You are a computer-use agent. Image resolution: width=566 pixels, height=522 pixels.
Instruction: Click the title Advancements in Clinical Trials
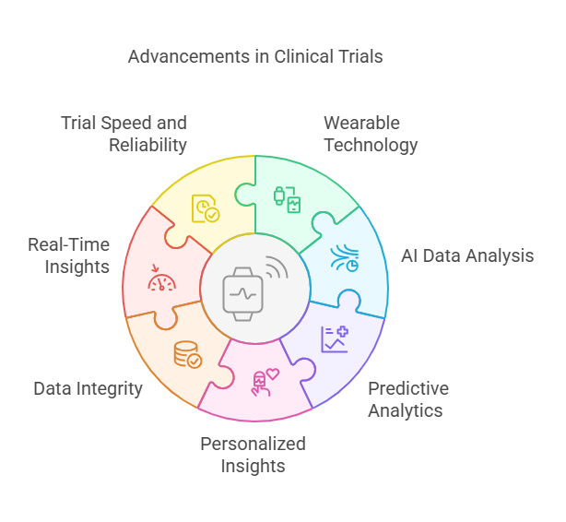click(255, 57)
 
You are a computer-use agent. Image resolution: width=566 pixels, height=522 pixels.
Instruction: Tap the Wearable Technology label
click(370, 135)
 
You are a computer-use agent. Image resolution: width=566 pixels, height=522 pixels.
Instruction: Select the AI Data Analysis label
click(467, 256)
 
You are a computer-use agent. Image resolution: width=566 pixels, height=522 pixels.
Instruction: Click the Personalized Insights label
click(253, 455)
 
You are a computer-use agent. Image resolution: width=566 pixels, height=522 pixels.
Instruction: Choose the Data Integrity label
click(88, 388)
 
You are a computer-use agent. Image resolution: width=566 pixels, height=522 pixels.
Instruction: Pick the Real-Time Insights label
click(68, 255)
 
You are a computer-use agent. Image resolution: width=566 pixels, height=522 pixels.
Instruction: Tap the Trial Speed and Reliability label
click(124, 134)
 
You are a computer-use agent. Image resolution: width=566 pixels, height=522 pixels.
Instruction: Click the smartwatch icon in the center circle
click(243, 293)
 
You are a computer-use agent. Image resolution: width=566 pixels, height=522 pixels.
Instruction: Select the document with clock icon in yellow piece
click(205, 208)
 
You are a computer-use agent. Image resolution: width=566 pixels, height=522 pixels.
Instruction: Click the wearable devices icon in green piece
click(287, 198)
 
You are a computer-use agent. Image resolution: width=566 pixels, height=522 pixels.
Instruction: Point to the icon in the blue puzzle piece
click(346, 258)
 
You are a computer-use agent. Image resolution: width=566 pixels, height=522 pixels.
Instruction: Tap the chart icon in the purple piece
click(334, 338)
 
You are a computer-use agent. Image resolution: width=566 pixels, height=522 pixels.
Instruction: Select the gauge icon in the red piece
click(161, 279)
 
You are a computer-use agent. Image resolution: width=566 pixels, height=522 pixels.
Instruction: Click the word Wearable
click(361, 124)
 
